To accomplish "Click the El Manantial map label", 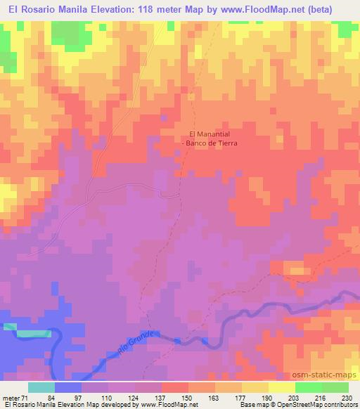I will pos(211,134).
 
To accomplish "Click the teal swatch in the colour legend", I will pos(41,387).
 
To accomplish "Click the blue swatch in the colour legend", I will pos(68,387).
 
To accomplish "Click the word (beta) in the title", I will pos(323,8).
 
